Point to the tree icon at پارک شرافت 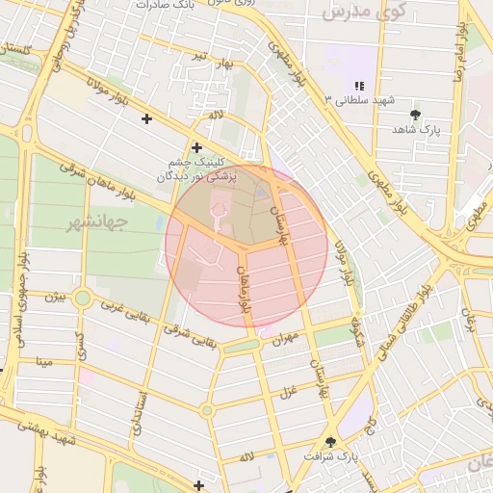click(331, 441)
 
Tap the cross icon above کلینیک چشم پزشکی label click(196, 147)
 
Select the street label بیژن click(58, 298)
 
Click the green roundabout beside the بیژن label click(83, 298)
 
